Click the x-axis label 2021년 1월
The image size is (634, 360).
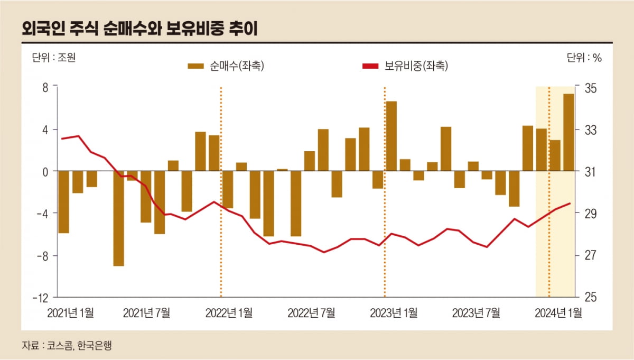[70, 313]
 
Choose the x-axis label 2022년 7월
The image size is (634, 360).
[311, 313]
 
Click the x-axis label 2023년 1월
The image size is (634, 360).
[394, 313]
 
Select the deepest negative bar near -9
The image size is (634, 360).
[118, 218]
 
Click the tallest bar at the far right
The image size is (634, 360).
[568, 132]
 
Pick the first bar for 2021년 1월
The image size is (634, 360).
[64, 202]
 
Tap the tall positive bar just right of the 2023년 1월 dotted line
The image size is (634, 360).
[391, 136]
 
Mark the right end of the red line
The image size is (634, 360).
[570, 203]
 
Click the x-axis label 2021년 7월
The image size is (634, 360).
[147, 313]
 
